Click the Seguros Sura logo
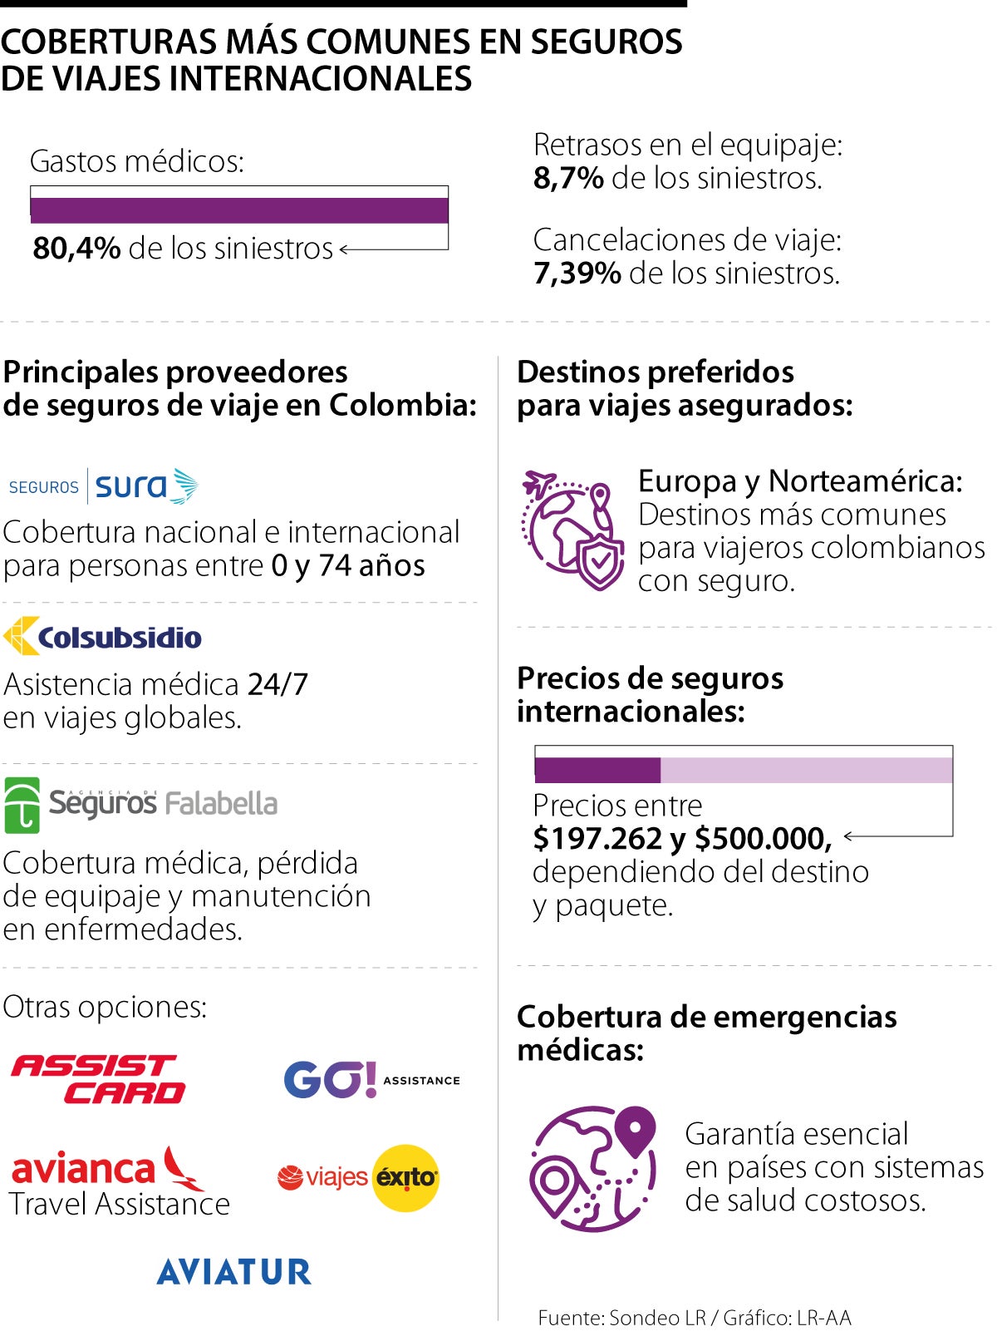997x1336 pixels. pyautogui.click(x=104, y=486)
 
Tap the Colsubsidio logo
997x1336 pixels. pyautogui.click(x=103, y=637)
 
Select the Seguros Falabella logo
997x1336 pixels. pyautogui.click(x=141, y=804)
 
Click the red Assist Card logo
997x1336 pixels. pyautogui.click(x=98, y=1078)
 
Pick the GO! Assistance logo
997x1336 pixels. pyautogui.click(x=371, y=1080)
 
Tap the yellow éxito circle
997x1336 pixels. pyautogui.click(x=405, y=1177)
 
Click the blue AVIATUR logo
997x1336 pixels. pyautogui.click(x=234, y=1271)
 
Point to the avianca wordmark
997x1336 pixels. pyautogui.click(x=83, y=1169)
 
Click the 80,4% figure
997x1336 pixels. pyautogui.click(x=76, y=249)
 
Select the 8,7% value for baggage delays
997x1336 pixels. pyautogui.click(x=568, y=178)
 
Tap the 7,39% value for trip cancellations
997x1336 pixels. pyautogui.click(x=577, y=273)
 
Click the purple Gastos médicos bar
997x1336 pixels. pyautogui.click(x=239, y=210)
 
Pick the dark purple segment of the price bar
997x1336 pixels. pyautogui.click(x=597, y=770)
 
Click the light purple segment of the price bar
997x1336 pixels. pyautogui.click(x=806, y=770)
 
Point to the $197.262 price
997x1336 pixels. pyautogui.click(x=597, y=838)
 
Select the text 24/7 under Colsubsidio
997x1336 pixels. pyautogui.click(x=277, y=684)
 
